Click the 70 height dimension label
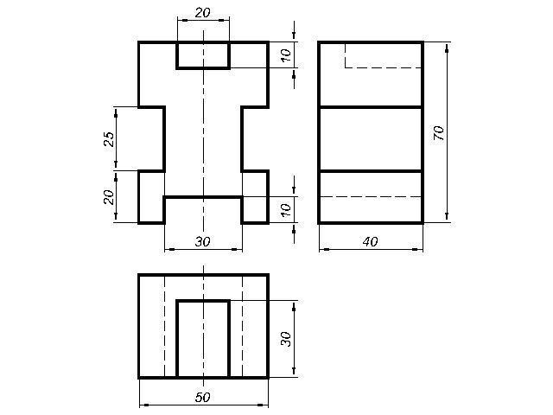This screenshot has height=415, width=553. [x=438, y=133]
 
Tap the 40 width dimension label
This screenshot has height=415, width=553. [x=371, y=242]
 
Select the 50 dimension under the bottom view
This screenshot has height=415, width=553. [x=203, y=398]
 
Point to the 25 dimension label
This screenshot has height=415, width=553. [x=110, y=139]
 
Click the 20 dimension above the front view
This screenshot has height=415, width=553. [x=203, y=13]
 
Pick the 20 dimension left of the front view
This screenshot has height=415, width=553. [x=110, y=197]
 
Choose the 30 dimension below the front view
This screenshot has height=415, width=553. [x=203, y=242]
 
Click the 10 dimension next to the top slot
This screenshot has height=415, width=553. [x=286, y=55]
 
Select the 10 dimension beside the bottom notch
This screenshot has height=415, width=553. [x=286, y=209]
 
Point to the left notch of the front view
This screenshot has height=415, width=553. [x=165, y=138]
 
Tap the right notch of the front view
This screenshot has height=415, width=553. [x=242, y=138]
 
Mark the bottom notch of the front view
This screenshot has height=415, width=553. [x=204, y=197]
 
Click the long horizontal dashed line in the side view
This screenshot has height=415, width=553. [x=371, y=196]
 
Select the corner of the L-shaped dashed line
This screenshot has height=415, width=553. [x=346, y=67]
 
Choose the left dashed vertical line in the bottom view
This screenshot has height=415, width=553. [x=165, y=327]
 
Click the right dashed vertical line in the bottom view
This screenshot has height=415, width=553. [x=242, y=327]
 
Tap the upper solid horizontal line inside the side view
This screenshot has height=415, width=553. [x=371, y=106]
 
